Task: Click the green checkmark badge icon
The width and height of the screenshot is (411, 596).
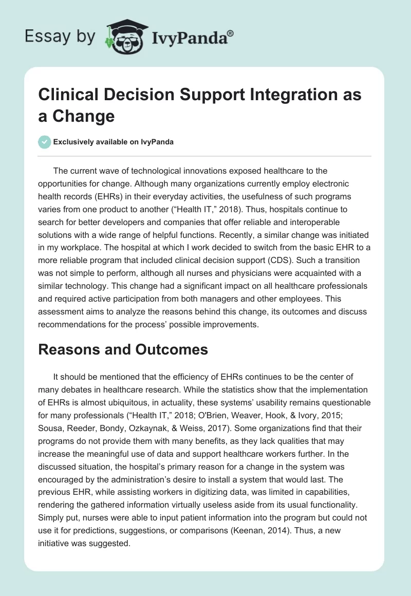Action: coord(45,142)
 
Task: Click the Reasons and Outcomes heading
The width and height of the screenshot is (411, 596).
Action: coord(124,349)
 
